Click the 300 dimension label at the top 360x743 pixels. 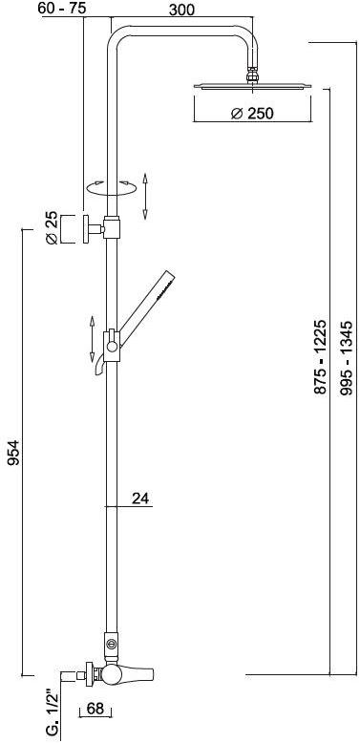tap(181, 9)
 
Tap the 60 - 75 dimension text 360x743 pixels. tap(59, 8)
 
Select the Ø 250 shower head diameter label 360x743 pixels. tap(252, 114)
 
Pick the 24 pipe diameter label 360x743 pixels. tap(139, 498)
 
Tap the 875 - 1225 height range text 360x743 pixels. tap(320, 357)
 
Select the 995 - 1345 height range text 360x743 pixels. tap(347, 358)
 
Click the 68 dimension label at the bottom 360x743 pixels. tap(95, 709)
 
